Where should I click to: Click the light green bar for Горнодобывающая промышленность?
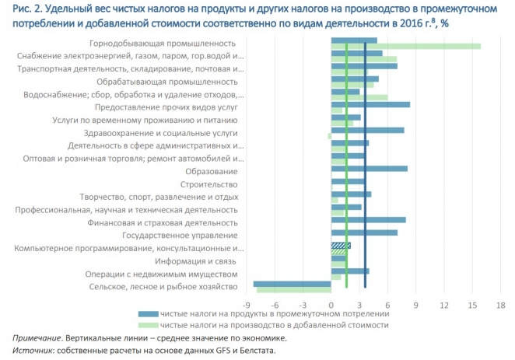405,47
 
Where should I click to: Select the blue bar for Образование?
369,168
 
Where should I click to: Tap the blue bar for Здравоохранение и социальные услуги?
367,130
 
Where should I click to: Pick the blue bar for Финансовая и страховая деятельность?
368,220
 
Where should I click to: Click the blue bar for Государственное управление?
364,232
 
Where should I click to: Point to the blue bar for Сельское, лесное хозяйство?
293,284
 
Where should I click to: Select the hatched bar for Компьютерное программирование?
341,246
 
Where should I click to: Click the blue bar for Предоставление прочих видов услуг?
370,104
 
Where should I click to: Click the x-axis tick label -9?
247,304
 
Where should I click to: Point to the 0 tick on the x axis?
331,304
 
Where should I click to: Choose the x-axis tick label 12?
444,304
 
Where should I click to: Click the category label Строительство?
208,184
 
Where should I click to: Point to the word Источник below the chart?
32,351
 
